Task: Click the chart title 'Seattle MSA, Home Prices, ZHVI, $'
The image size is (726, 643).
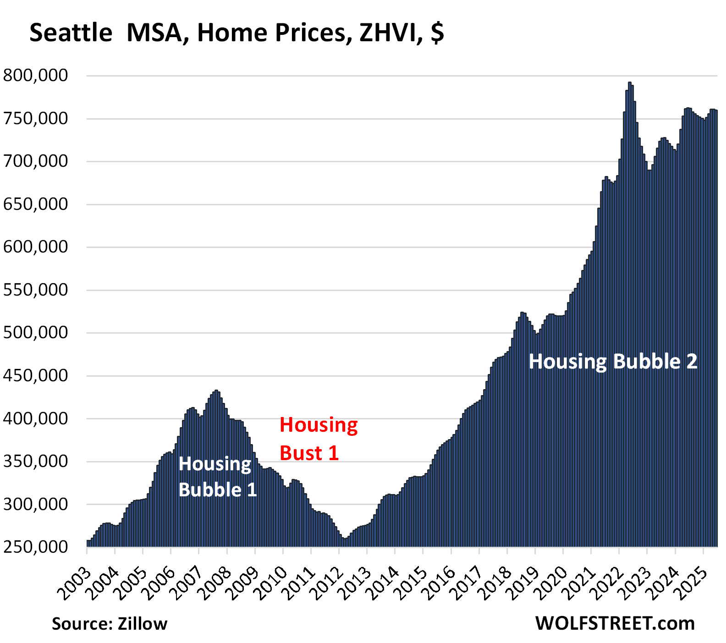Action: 236,33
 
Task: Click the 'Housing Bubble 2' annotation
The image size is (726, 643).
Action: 613,362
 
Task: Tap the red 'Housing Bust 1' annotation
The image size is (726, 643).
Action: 318,439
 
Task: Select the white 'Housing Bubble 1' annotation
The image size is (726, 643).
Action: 217,477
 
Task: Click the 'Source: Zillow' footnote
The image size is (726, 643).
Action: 110,624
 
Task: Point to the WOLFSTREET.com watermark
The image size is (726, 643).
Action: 615,623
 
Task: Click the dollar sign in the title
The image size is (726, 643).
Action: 437,33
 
